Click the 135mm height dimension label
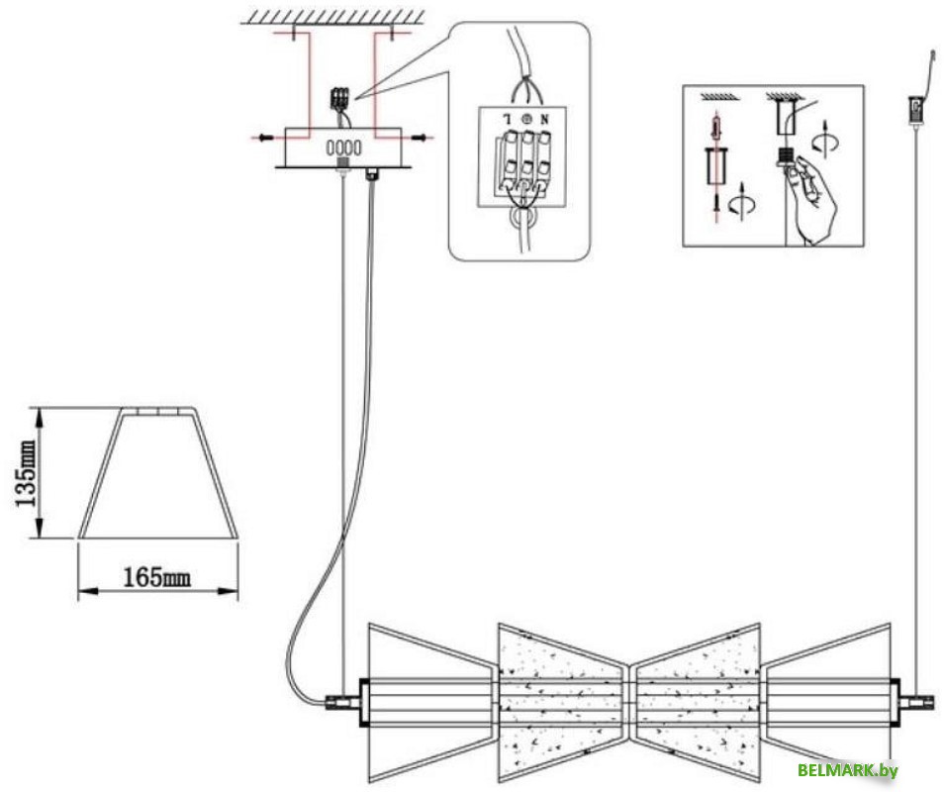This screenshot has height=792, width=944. tap(26, 473)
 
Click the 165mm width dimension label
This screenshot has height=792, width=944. tap(157, 578)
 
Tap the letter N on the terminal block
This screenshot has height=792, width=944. tap(543, 119)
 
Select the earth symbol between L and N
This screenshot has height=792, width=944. tap(526, 119)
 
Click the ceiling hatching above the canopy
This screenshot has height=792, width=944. tap(332, 16)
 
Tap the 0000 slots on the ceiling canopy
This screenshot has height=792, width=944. tap(343, 148)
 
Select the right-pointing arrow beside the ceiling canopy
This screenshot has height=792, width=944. tap(421, 138)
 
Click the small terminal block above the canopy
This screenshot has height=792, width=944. tap(340, 99)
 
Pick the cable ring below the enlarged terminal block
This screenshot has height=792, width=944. tap(521, 218)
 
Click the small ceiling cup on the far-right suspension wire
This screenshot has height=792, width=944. tap(915, 109)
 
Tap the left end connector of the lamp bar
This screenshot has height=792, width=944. tap(342, 702)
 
